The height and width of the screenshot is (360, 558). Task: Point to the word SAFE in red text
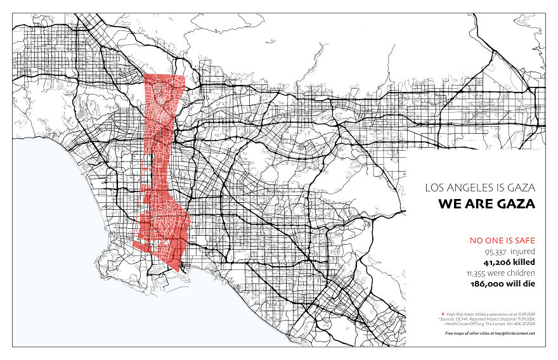point(524,240)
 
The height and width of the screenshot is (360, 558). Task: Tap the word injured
point(524,251)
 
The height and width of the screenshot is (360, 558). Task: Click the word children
point(521,273)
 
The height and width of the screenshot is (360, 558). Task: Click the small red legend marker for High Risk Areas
point(442,314)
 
